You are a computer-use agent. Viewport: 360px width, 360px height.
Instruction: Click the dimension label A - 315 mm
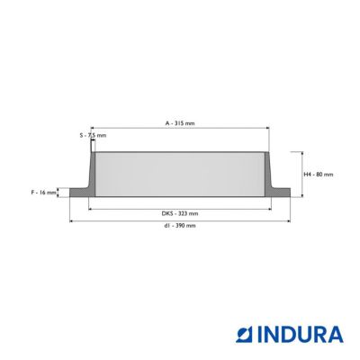(x=180, y=123)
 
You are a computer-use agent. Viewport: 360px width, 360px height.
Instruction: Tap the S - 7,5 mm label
(x=93, y=135)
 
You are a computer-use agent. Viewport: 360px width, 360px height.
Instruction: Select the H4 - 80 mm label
(x=319, y=175)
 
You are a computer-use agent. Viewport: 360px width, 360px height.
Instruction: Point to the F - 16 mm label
(x=44, y=193)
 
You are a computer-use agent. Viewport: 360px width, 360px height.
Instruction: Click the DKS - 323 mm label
(x=180, y=213)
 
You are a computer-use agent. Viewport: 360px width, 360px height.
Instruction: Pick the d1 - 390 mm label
(x=180, y=225)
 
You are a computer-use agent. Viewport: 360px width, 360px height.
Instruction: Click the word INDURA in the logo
(x=301, y=335)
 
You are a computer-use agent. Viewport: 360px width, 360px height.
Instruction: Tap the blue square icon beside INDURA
(x=245, y=335)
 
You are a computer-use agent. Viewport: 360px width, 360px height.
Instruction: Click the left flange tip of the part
(x=70, y=193)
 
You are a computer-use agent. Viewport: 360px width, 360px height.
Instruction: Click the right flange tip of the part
(x=290, y=193)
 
